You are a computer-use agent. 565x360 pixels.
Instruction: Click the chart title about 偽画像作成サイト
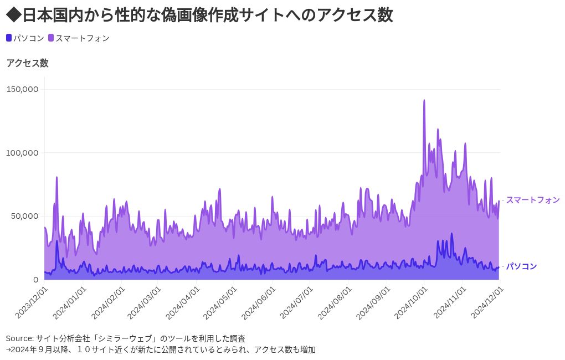tap(199, 15)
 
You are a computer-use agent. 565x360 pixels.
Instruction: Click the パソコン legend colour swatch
tap(9, 38)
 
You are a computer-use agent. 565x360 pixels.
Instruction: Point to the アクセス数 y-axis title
tap(27, 63)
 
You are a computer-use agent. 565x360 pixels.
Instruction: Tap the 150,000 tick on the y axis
tap(22, 89)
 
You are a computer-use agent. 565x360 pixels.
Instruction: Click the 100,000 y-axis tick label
tap(22, 152)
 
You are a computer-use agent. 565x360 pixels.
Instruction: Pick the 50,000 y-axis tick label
tap(24, 216)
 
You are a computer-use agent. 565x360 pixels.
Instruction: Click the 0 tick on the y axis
tap(35, 279)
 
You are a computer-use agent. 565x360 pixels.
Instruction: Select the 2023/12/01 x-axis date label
tap(32, 302)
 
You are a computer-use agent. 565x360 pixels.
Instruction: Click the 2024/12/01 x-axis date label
tap(486, 302)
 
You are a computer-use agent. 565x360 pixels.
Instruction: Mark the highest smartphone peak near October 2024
tap(424, 101)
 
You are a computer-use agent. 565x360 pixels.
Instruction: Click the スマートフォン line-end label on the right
tap(533, 200)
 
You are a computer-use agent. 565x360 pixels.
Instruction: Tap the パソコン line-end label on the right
tap(521, 266)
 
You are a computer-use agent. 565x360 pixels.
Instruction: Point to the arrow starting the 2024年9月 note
tap(9, 350)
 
